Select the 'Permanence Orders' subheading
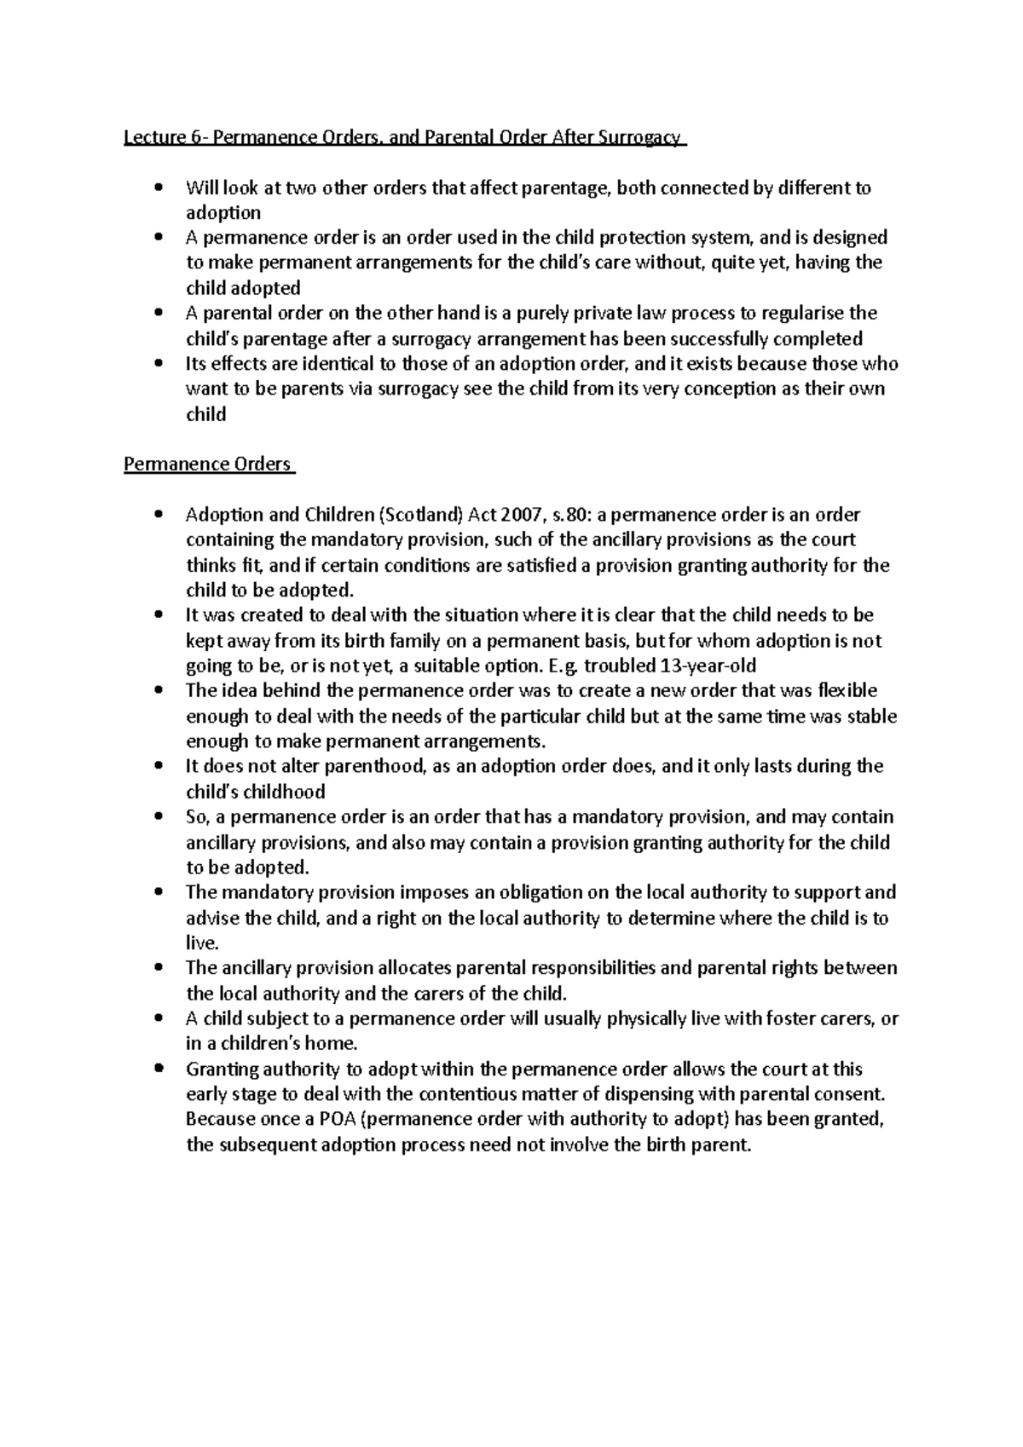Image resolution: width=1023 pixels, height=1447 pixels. click(207, 464)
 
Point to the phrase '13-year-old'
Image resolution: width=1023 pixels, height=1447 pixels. click(702, 666)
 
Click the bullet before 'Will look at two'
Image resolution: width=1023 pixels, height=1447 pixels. click(158, 187)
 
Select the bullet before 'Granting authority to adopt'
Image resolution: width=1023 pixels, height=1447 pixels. click(158, 1069)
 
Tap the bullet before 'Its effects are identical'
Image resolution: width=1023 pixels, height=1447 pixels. click(158, 364)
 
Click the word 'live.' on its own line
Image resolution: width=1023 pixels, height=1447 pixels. click(203, 943)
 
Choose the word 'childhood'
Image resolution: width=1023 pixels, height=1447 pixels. click(280, 792)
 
